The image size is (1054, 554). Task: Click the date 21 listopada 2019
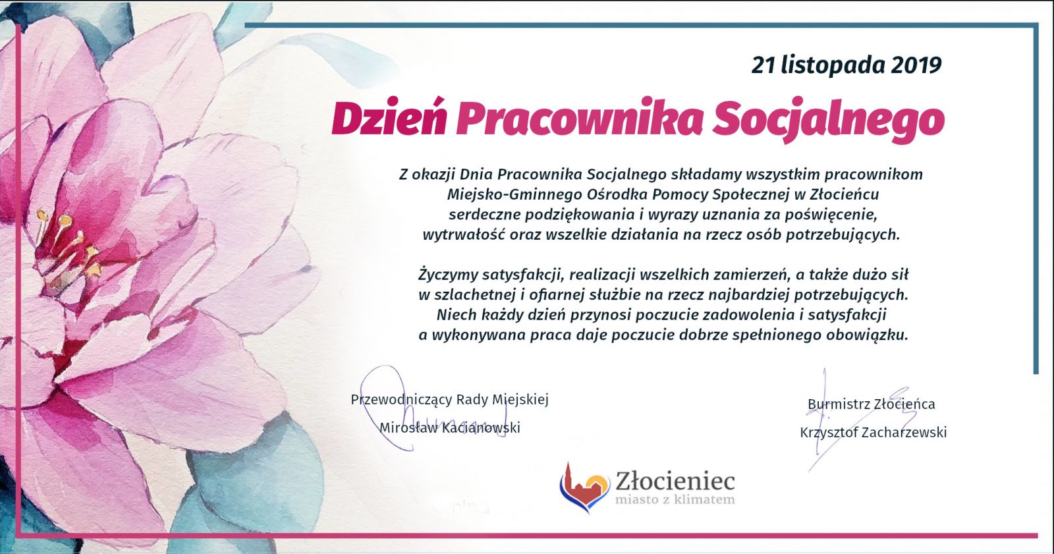846,65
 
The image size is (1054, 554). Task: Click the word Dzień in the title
389,118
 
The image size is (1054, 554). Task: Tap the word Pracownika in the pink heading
579,118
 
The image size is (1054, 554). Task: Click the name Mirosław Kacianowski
450,428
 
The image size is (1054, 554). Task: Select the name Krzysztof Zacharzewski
874,433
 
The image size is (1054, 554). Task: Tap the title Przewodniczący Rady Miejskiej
450,400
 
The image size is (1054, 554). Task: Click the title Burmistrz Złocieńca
872,404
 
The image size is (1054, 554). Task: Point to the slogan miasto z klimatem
675,499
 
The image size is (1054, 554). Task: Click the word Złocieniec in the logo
675,481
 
